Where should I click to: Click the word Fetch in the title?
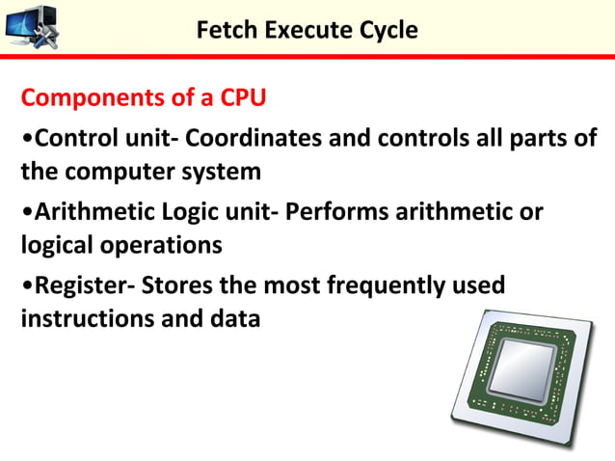coord(222,30)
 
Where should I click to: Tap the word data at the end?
coord(236,317)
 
